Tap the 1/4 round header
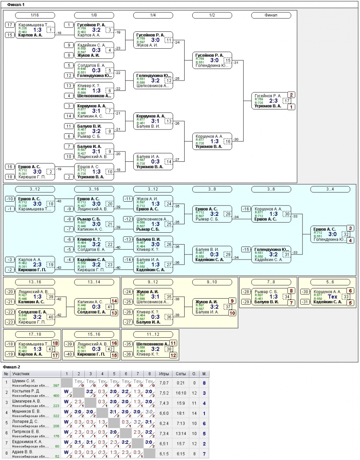(153, 15)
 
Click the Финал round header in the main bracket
(271, 15)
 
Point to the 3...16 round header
(94, 189)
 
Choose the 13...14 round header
(94, 282)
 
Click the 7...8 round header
(271, 282)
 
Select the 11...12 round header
(153, 334)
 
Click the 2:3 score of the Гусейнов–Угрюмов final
(273, 101)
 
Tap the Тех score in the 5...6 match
(333, 297)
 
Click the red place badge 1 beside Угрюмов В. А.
(292, 107)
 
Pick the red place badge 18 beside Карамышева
(55, 343)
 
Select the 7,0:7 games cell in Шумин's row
(164, 383)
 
